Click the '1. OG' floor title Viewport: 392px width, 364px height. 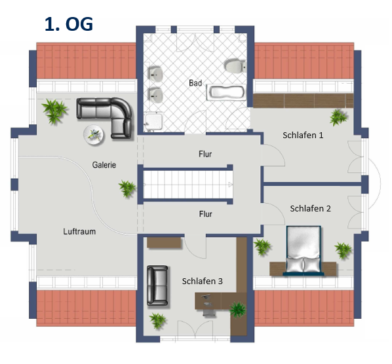click(x=69, y=24)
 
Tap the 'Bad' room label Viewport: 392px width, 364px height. click(x=195, y=83)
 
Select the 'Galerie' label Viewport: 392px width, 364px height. click(x=104, y=165)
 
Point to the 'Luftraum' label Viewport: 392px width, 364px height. click(x=79, y=232)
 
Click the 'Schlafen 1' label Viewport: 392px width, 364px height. click(x=303, y=136)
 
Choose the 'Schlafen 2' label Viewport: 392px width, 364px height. click(x=310, y=208)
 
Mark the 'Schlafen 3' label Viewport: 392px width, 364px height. click(x=203, y=282)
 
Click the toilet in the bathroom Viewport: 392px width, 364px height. click(x=235, y=66)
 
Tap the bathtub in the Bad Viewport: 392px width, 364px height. click(x=226, y=92)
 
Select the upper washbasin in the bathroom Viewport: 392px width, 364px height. click(x=156, y=74)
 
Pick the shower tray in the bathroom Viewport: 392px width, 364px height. click(x=154, y=122)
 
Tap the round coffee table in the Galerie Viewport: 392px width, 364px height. click(x=94, y=135)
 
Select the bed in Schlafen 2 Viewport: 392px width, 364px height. click(x=304, y=251)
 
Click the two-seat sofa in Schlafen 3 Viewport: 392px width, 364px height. click(x=157, y=285)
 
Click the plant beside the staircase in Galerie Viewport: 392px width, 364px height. click(x=127, y=189)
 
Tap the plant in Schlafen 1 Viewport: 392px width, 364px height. click(x=338, y=117)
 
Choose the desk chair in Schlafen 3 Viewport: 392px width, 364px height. click(x=209, y=313)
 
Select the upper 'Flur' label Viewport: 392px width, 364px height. click(x=205, y=154)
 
